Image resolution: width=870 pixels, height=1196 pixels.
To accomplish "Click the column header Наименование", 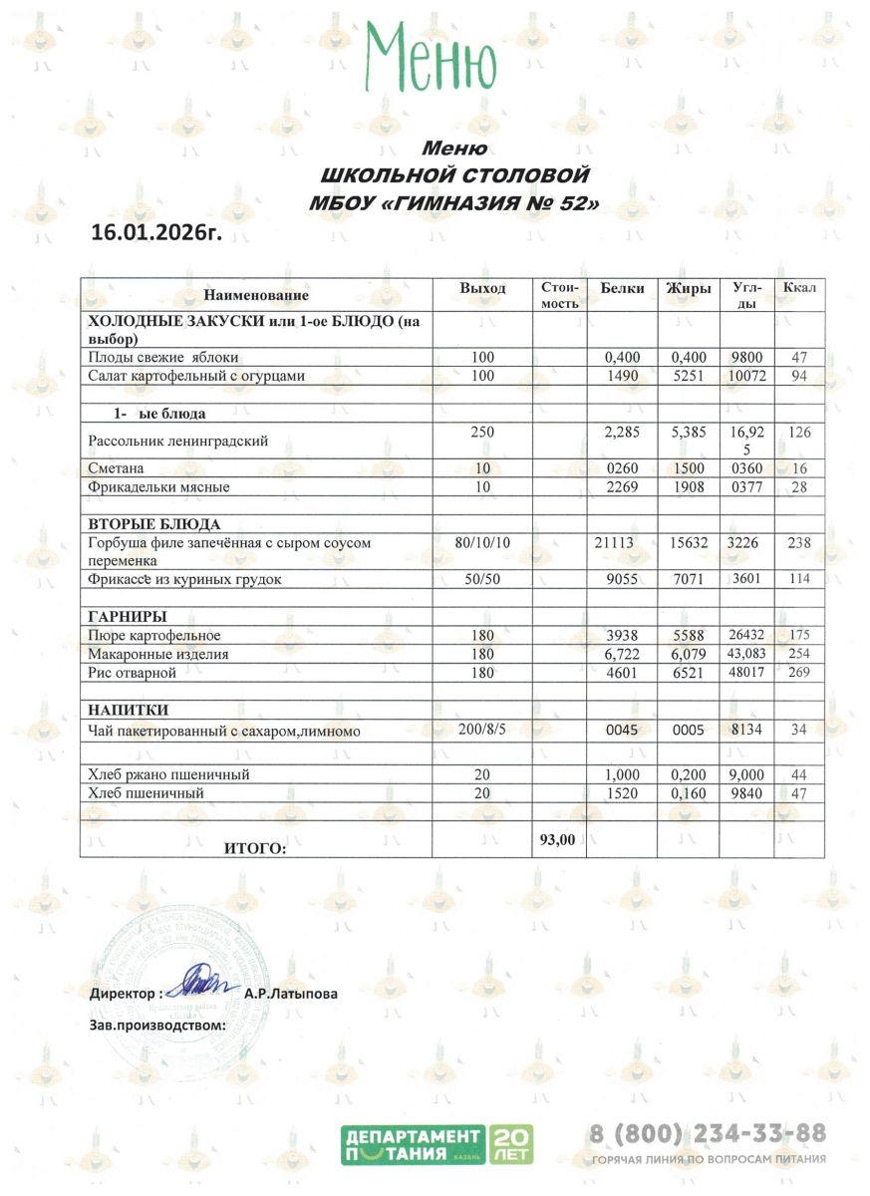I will tap(256, 295).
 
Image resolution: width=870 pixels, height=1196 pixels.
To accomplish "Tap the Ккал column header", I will tap(799, 288).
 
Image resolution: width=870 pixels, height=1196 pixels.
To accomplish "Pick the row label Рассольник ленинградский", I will tap(179, 442).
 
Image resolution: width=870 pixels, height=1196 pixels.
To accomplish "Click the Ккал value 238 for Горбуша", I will tap(799, 542).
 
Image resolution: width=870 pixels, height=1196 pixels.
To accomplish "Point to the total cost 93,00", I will tap(557, 839).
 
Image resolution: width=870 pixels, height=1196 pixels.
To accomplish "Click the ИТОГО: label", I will tap(255, 848).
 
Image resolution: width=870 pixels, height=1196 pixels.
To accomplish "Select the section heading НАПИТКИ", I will tap(129, 710).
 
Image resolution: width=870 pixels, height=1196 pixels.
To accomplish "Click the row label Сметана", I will tap(117, 467).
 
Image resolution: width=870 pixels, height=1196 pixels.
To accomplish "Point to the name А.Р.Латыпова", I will tap(290, 994).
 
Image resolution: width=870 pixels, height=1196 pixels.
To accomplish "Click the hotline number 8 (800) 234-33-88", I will tap(708, 1133).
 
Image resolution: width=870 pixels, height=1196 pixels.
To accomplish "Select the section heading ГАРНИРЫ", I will tap(128, 616).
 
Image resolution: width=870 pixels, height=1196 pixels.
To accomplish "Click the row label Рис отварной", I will tap(133, 674).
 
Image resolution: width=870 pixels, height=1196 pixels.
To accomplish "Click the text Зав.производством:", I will tap(157, 1024).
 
